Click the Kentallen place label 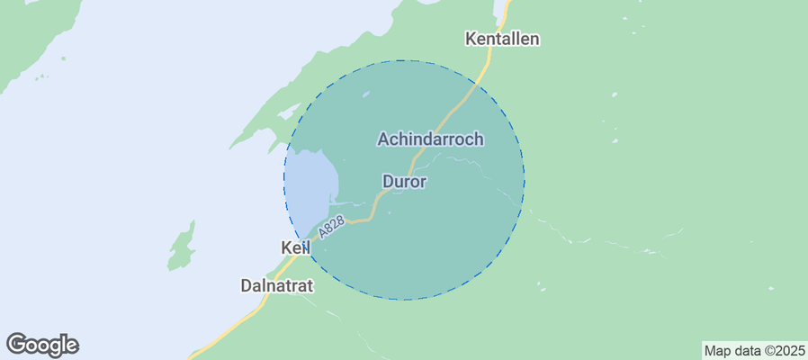(502, 39)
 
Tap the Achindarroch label (431, 139)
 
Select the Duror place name (404, 182)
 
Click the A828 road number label (331, 228)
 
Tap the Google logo (42, 345)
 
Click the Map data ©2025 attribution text (753, 350)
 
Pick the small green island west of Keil (182, 247)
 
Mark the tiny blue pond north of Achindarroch (365, 93)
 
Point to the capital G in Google (17, 344)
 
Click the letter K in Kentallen (471, 39)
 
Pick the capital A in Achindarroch (383, 139)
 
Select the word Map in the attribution (716, 350)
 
